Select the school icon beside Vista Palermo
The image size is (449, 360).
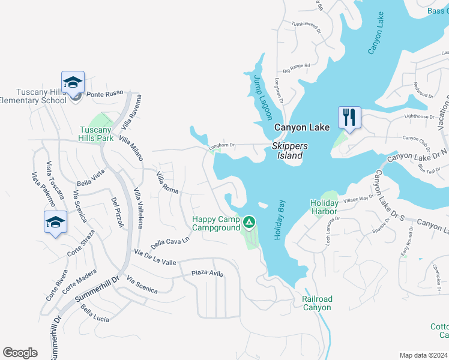coord(56,222)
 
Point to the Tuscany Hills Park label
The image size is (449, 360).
coord(97,134)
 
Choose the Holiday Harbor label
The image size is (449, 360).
coord(324,207)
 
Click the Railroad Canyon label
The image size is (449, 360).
coord(316,303)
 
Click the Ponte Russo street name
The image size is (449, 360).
coord(104,94)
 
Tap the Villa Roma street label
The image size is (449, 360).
coord(167,182)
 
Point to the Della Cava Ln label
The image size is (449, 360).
coord(170,242)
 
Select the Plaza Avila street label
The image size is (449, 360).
coord(207,274)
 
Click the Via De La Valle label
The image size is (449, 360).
coord(155,259)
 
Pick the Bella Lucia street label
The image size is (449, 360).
coord(95,314)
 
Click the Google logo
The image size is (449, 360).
coord(20,353)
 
